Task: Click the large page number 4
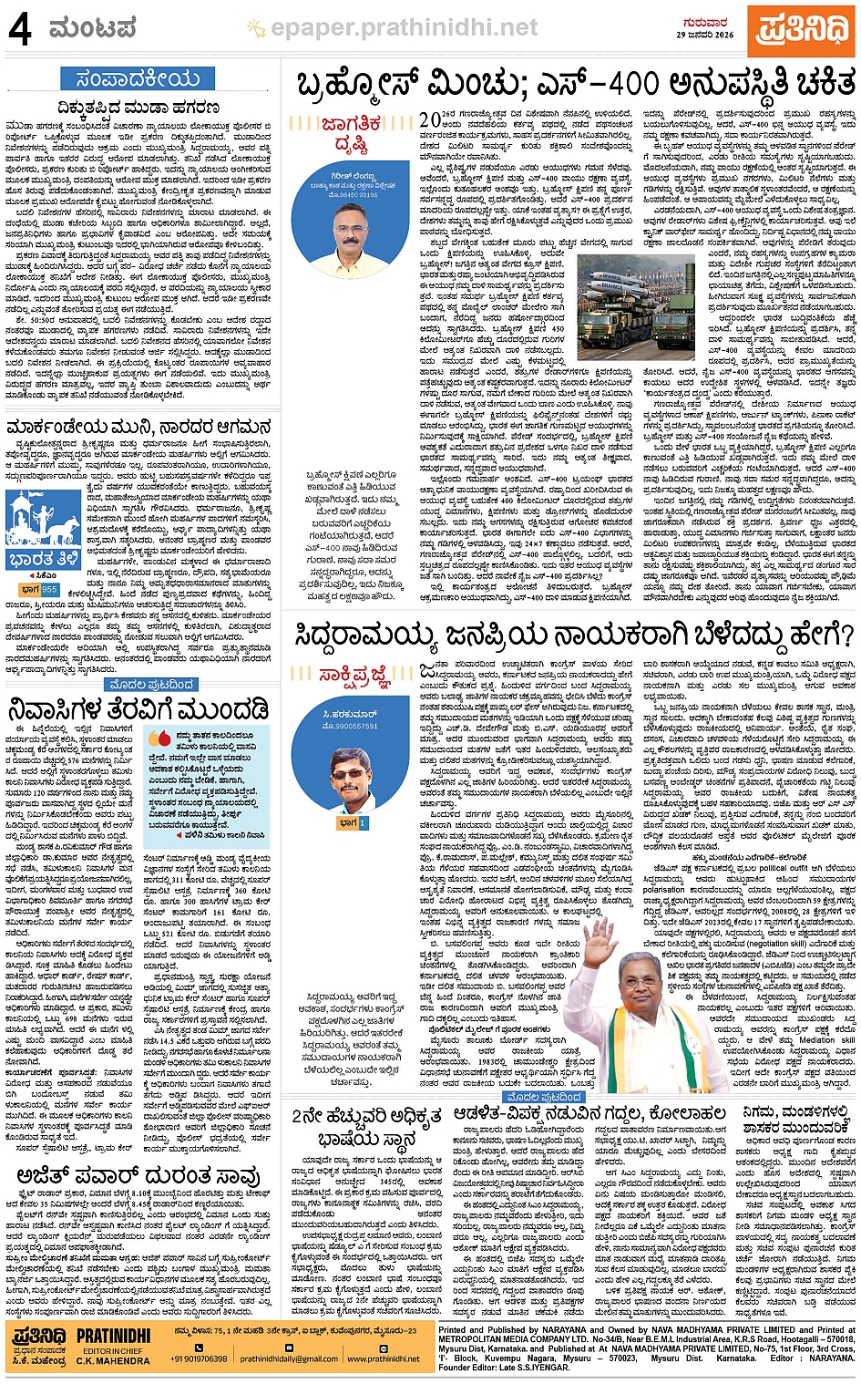[x=20, y=29]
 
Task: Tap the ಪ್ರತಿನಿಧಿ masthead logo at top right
[x=801, y=30]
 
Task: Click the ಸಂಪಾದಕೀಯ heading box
[x=138, y=78]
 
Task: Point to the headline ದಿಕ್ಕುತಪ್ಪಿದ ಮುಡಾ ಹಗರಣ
[x=138, y=108]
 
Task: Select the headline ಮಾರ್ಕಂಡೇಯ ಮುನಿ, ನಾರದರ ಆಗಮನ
[x=138, y=427]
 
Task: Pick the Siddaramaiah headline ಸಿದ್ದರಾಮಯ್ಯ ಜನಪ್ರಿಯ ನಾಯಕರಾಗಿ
[x=574, y=635]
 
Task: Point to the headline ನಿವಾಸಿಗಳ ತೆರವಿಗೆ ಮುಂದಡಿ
[x=138, y=709]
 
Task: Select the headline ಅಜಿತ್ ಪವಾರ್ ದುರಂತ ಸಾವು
[x=138, y=1176]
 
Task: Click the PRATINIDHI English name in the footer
[x=113, y=1335]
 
